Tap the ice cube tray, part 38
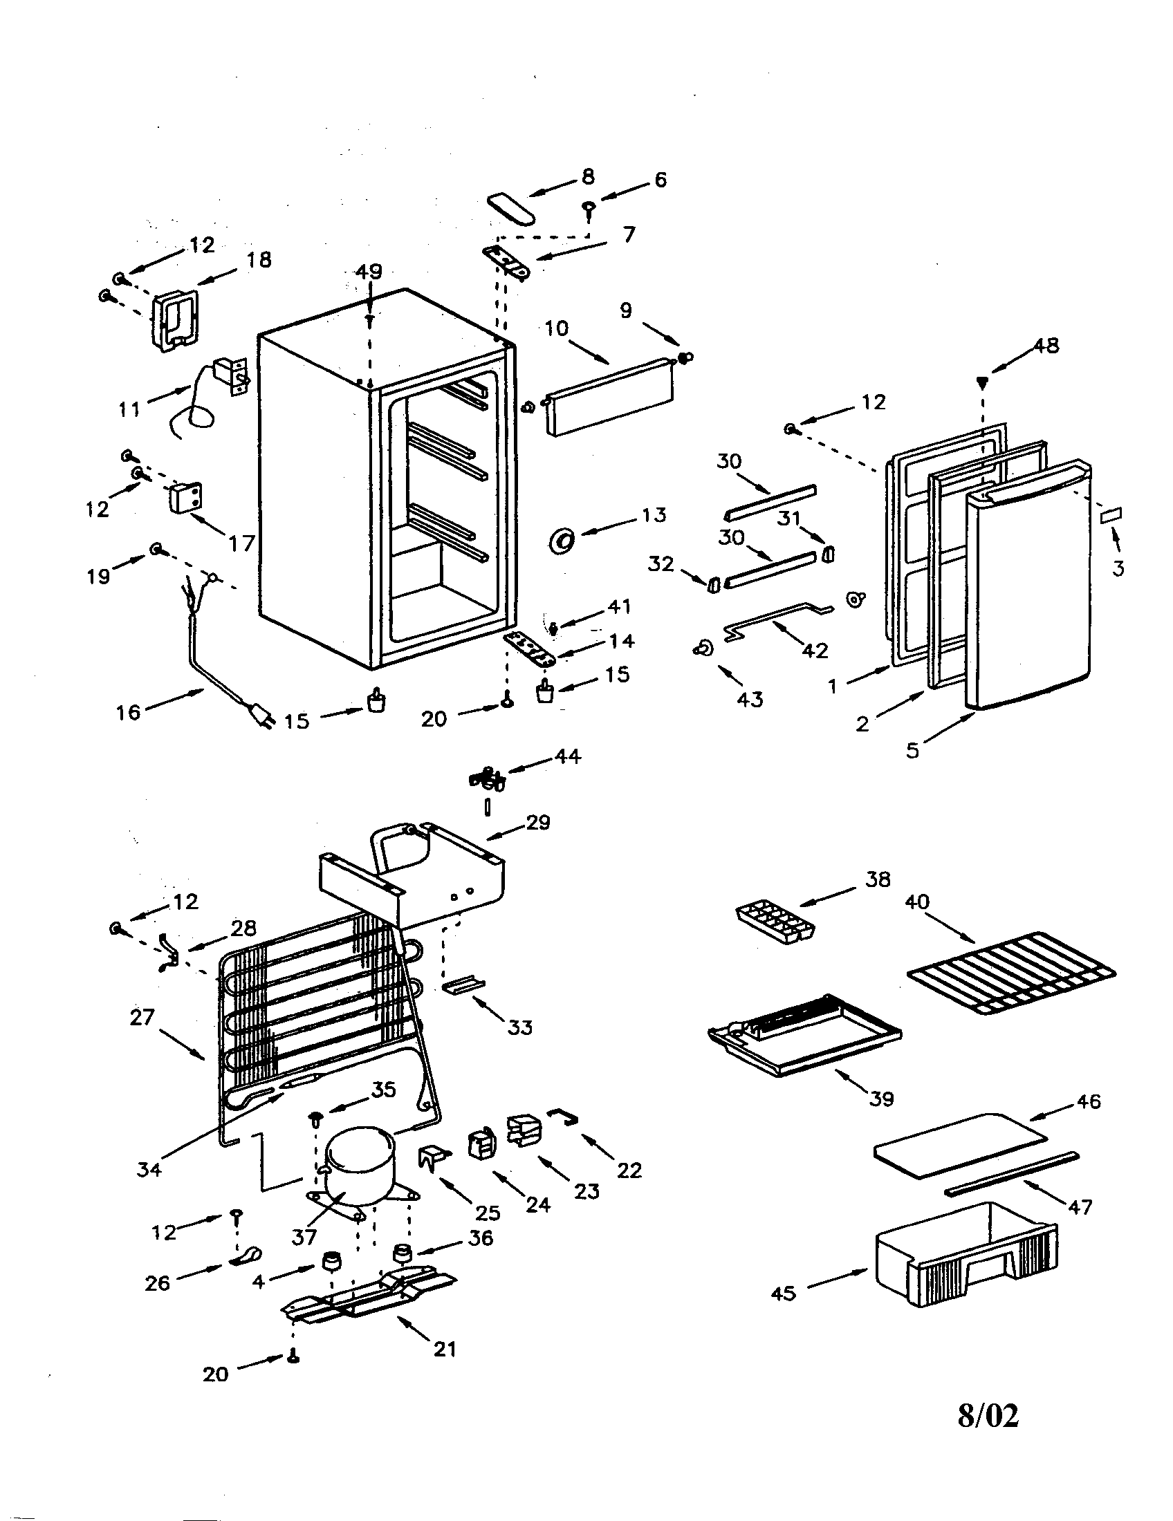coord(777,922)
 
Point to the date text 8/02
coord(988,1415)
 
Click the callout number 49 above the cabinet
coord(369,272)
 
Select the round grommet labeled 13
coord(562,539)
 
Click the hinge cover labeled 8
coord(511,208)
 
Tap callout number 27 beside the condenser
coord(142,1018)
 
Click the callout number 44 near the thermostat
coord(567,756)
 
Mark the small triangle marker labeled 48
coord(982,381)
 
